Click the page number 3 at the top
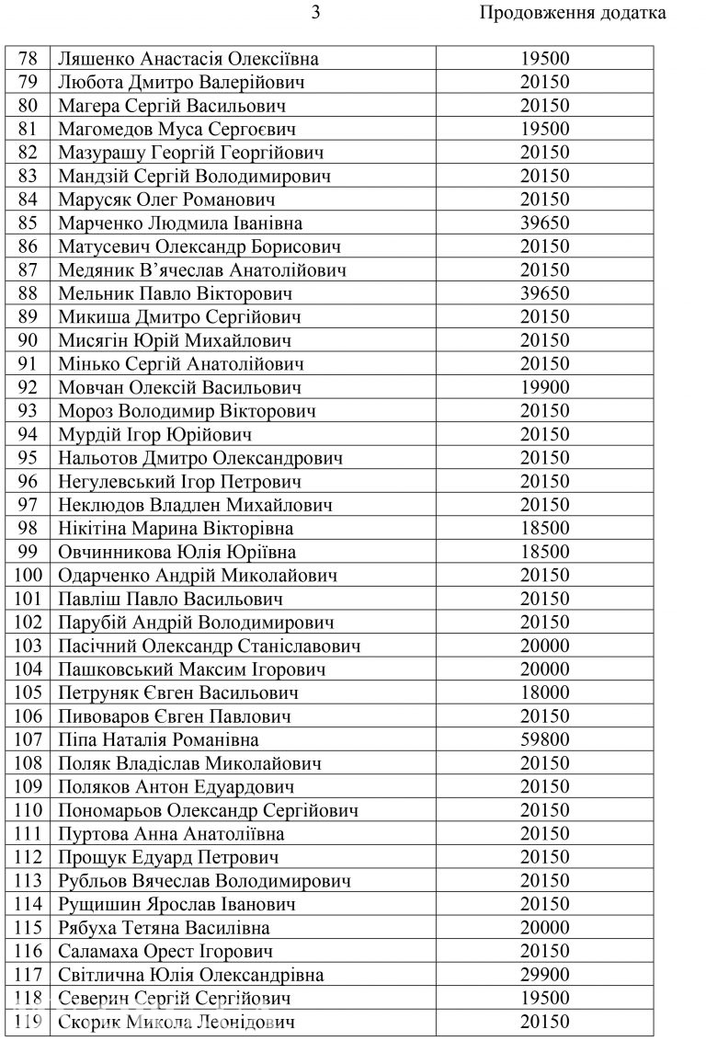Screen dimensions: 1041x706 (x=316, y=14)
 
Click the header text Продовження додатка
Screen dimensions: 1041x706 (x=573, y=14)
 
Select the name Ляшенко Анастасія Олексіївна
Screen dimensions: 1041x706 (x=188, y=59)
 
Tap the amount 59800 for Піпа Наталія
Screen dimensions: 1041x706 (x=545, y=739)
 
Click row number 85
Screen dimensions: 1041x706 (x=28, y=223)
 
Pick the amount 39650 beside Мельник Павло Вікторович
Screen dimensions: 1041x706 (x=545, y=293)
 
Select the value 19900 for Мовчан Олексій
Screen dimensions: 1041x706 (x=545, y=387)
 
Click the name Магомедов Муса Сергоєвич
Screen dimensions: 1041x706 (x=176, y=129)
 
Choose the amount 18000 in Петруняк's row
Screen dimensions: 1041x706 (x=545, y=692)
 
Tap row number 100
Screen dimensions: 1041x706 (x=28, y=575)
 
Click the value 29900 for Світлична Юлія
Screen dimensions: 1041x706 (x=545, y=974)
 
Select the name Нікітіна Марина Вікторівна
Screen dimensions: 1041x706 (x=176, y=528)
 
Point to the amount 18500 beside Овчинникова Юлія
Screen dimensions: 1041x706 (x=545, y=552)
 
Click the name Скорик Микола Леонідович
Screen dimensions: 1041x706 (x=176, y=1021)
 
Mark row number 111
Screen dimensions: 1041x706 (x=28, y=833)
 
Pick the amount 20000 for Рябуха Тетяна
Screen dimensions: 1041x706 (x=545, y=927)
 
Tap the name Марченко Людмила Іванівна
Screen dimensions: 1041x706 (x=179, y=223)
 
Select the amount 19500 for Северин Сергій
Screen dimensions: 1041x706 (x=545, y=998)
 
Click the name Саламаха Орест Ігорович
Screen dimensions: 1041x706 (x=165, y=951)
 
